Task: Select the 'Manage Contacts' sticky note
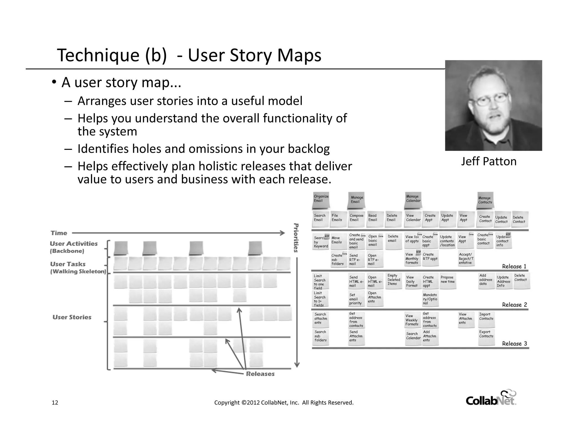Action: pyautogui.click(x=485, y=201)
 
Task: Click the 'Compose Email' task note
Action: pyautogui.click(x=356, y=218)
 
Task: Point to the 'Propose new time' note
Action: pyautogui.click(x=448, y=280)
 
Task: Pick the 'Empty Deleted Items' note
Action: pyautogui.click(x=394, y=280)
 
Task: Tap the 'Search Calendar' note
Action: pyautogui.click(x=413, y=337)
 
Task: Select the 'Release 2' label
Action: pyautogui.click(x=514, y=305)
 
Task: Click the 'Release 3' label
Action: pyautogui.click(x=514, y=344)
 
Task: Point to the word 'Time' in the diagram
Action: pyautogui.click(x=59, y=233)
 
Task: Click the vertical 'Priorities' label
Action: pyautogui.click(x=296, y=238)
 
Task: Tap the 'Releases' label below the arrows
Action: pyautogui.click(x=260, y=374)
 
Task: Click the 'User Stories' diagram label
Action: pyautogui.click(x=72, y=317)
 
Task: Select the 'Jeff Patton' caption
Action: pyautogui.click(x=489, y=162)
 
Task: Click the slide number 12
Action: pyautogui.click(x=55, y=403)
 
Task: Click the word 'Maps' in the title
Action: pyautogui.click(x=299, y=55)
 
